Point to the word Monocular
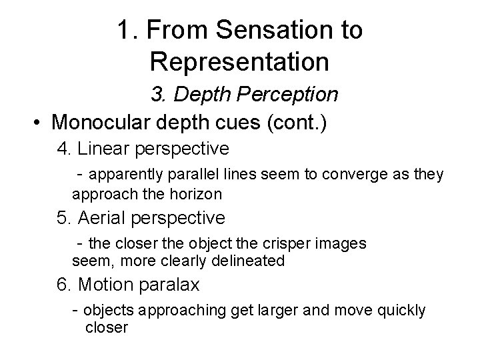99,123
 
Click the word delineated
251,261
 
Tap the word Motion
101,285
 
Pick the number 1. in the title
127,29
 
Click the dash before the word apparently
80,175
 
